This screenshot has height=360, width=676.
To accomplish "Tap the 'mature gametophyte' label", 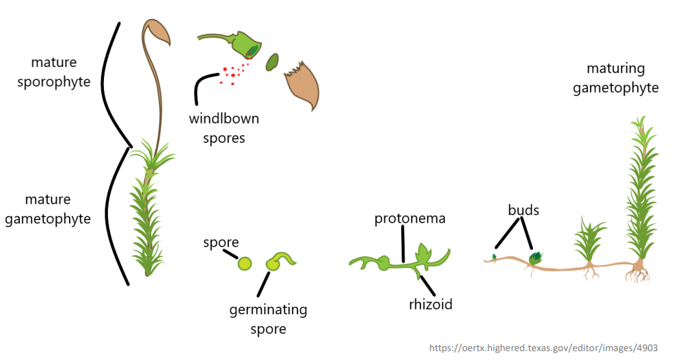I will click(48, 209).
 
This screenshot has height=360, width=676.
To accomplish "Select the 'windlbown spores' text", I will click(224, 128).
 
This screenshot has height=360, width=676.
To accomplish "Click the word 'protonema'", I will click(409, 219).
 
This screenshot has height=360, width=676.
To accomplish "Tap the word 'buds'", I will click(523, 210).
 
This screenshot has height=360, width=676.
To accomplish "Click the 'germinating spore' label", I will click(268, 319).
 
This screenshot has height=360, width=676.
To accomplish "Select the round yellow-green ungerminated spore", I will click(245, 264).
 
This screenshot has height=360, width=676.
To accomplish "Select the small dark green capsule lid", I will click(272, 62).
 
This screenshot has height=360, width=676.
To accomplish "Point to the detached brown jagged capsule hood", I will click(302, 83).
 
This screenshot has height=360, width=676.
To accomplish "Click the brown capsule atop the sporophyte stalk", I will click(157, 34).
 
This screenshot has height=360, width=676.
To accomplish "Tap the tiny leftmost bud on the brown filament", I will click(494, 258).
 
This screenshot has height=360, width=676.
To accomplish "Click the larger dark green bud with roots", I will click(535, 258).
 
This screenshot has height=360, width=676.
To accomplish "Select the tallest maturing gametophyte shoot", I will click(640, 198).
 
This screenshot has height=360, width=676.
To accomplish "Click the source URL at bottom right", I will click(543, 348).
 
